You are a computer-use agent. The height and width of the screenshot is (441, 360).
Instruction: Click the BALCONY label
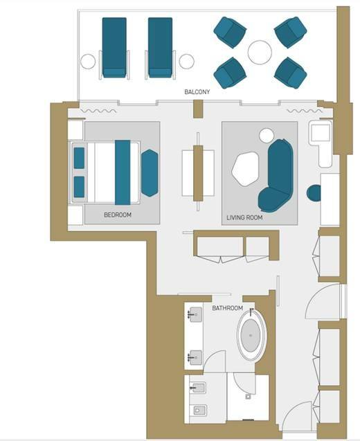coord(197,91)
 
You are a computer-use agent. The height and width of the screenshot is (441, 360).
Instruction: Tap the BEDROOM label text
coord(118,215)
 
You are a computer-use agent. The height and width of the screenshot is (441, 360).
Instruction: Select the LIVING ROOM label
coord(244,217)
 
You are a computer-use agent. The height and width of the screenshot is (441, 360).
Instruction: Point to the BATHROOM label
coord(228,308)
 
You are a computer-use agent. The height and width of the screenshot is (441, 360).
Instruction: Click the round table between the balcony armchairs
coord(260,53)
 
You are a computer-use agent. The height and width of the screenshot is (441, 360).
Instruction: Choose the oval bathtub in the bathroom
coord(251,335)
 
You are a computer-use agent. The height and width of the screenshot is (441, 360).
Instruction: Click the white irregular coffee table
coord(245,170)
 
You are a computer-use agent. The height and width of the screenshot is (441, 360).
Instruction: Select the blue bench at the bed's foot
coord(150,173)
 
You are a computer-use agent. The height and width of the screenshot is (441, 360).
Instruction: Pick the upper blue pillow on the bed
coord(79,158)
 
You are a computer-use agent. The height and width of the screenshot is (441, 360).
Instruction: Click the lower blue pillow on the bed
coord(79,187)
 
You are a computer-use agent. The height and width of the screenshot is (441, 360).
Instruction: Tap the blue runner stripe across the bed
coord(123,172)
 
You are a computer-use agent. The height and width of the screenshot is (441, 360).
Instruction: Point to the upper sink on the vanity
coord(196,314)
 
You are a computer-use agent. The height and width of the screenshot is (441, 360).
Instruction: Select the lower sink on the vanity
coord(196,358)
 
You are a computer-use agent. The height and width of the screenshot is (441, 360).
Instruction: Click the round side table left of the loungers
coord(88,62)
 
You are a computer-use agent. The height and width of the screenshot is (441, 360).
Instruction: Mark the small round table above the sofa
coord(267,136)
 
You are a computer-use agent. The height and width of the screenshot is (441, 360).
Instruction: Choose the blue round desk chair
coord(314,193)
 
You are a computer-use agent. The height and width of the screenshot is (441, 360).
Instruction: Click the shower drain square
coord(248,397)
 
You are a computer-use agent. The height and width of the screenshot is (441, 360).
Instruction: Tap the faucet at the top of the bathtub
coord(252,310)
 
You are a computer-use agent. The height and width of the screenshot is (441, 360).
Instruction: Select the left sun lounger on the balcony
coord(114,47)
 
